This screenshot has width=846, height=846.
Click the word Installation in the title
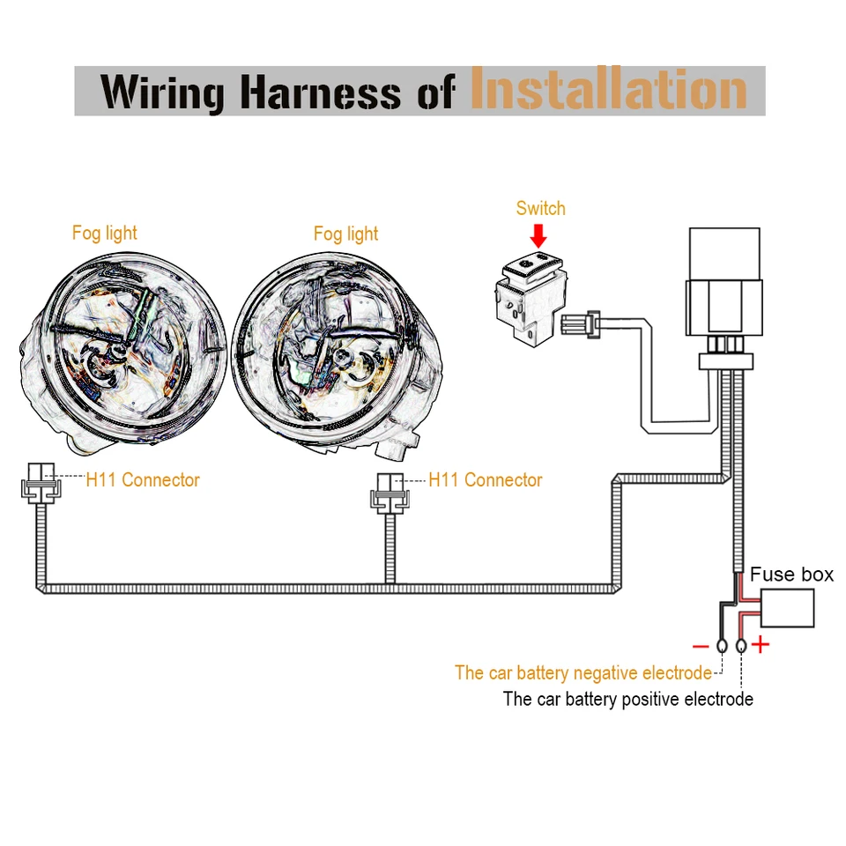point(608,91)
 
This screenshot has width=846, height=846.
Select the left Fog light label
point(105,234)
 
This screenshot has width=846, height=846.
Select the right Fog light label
point(345,234)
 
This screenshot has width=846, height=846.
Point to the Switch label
point(540,209)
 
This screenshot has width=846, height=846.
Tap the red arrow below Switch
point(539,234)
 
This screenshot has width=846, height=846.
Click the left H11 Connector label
point(143,480)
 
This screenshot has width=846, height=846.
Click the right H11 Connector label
point(486,480)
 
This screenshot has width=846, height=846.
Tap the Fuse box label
point(791,575)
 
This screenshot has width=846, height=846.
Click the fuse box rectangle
point(787,608)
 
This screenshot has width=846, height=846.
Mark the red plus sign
point(760,646)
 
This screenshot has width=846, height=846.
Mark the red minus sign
point(701,646)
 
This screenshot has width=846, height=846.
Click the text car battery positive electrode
point(627,700)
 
